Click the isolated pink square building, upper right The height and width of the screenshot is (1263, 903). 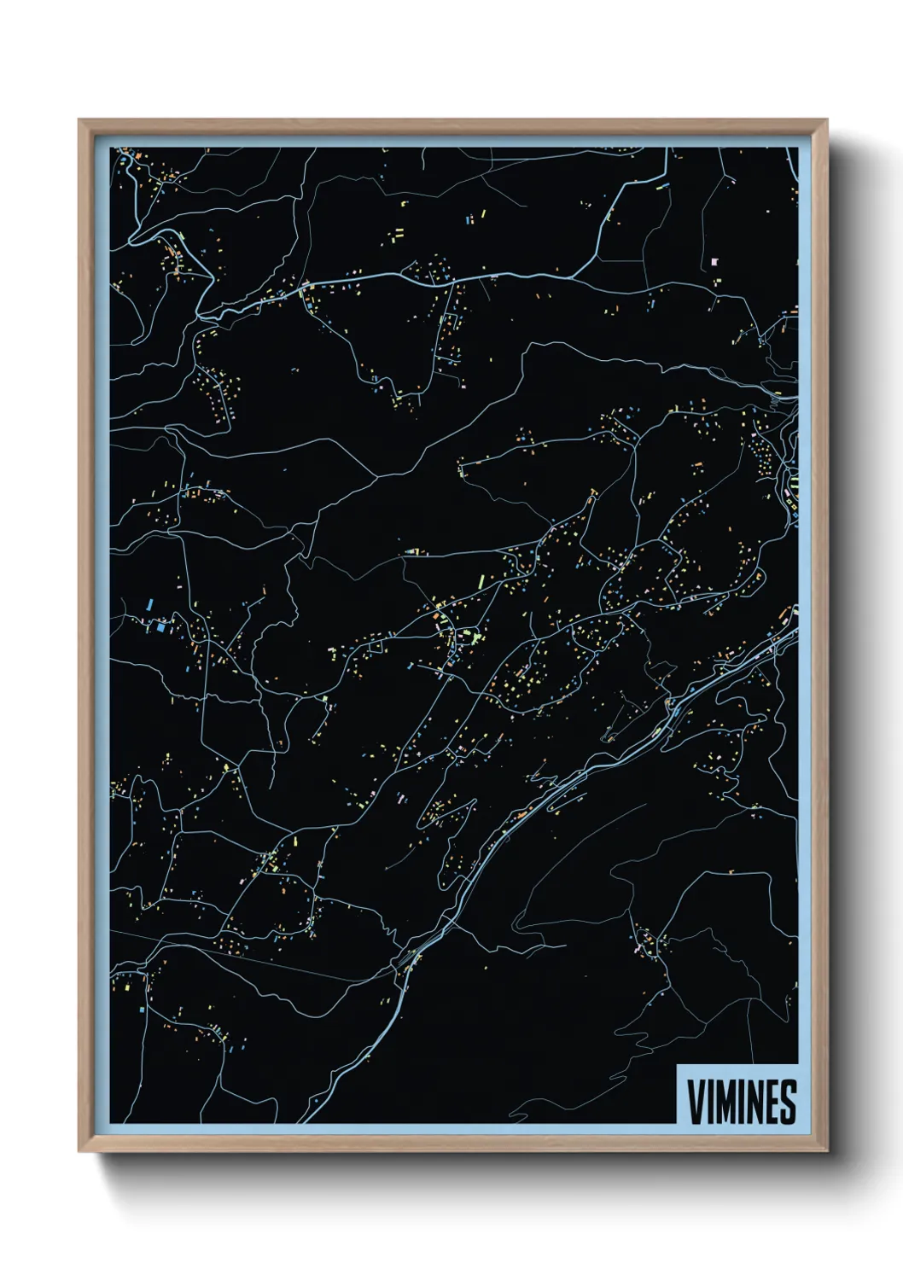click(714, 262)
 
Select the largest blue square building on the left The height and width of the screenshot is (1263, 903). click(160, 627)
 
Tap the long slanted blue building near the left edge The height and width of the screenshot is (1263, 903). click(150, 604)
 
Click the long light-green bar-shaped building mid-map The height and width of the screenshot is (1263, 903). click(481, 582)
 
